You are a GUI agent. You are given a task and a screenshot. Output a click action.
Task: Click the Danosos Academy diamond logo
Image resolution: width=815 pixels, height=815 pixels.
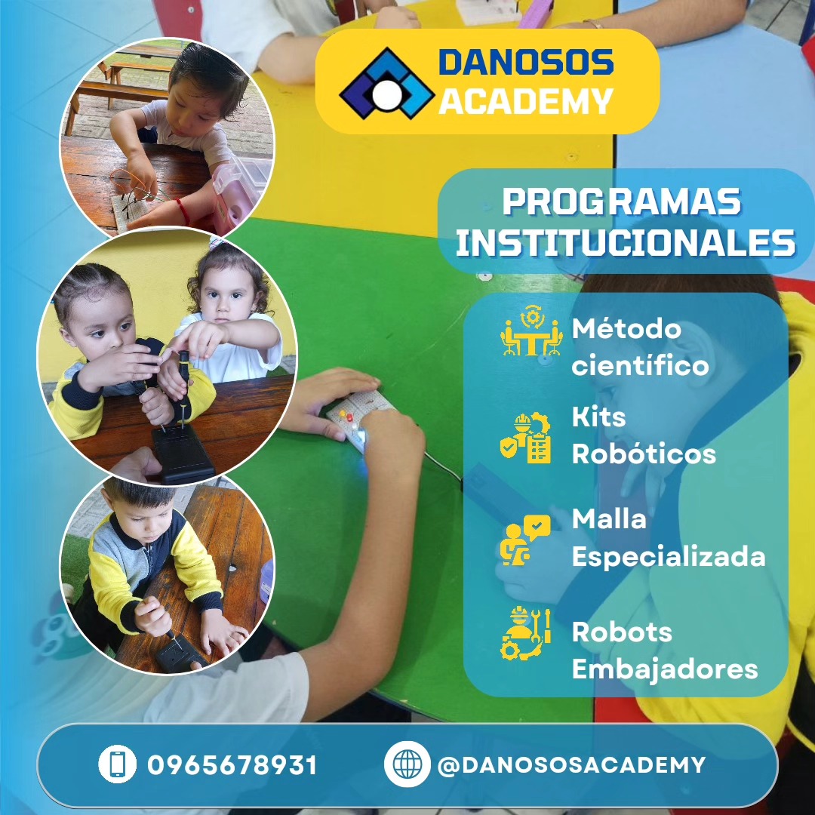click(386, 83)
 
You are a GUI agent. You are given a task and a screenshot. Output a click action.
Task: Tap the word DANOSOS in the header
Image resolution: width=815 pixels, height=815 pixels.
click(526, 63)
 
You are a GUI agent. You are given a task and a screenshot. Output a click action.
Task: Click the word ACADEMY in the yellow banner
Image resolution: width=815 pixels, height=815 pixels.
click(526, 101)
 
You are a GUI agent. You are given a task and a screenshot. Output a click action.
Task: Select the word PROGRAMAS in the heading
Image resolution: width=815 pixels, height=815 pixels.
click(621, 201)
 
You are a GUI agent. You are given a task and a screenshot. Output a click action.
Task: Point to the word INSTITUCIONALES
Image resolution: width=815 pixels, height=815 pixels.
click(626, 242)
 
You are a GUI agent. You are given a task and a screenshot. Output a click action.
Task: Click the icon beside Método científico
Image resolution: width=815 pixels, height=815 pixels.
click(531, 331)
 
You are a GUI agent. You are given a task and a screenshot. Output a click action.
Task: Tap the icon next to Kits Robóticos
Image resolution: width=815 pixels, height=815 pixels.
click(525, 437)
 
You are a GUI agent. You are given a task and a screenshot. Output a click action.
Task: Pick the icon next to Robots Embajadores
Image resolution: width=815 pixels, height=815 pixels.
click(525, 633)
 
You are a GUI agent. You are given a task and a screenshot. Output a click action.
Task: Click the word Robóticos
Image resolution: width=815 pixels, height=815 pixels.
click(644, 454)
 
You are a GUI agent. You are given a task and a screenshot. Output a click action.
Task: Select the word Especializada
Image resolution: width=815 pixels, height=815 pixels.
click(669, 557)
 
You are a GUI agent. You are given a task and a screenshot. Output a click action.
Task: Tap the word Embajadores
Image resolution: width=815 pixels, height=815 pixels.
click(665, 669)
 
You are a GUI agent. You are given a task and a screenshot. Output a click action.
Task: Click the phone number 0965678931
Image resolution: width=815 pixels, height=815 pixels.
click(232, 765)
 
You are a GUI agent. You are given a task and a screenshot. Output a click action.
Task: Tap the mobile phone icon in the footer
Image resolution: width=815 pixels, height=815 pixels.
click(118, 764)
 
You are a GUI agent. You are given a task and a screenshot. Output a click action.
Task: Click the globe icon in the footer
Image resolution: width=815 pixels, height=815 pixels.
click(407, 764)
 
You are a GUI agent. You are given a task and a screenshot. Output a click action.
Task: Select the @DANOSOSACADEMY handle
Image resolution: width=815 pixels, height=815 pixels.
click(571, 765)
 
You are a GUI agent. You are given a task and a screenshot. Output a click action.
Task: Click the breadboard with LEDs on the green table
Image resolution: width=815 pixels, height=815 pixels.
click(358, 419)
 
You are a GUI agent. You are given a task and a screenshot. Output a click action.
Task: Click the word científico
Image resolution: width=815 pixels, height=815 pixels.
click(640, 365)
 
